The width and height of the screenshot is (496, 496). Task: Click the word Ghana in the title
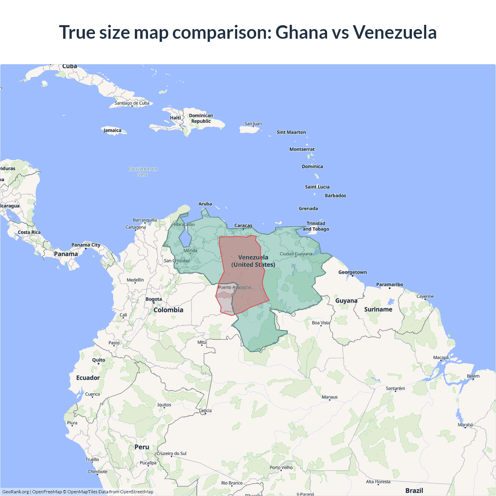point(301,33)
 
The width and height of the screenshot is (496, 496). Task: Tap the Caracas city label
point(243,226)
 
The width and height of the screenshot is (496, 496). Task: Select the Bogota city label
point(154,299)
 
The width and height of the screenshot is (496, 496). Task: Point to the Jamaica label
point(112,131)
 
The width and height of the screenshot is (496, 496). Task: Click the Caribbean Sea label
point(143,172)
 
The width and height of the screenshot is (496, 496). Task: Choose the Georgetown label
point(352,272)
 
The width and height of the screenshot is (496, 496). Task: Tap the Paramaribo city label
point(389,284)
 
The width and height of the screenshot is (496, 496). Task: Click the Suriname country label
point(378,309)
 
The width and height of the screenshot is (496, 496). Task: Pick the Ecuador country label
point(88,378)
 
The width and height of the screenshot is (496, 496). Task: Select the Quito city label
point(98,360)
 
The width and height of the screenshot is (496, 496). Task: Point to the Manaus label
point(330,397)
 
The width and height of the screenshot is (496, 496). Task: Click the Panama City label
point(86,245)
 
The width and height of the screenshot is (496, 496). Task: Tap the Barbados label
point(335,196)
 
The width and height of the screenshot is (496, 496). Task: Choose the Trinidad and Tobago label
point(316,226)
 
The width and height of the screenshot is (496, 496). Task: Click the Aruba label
point(205,204)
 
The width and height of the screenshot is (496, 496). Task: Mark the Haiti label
point(175,118)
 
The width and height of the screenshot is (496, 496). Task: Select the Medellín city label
point(135,280)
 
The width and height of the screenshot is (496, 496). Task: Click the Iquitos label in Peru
point(164,405)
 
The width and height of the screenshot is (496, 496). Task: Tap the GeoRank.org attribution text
point(15,492)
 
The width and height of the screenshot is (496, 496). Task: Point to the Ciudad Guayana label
point(296,254)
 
